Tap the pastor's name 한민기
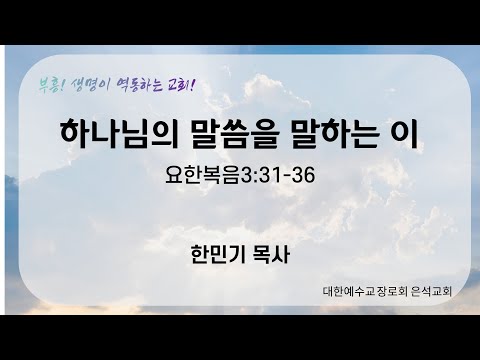(214, 253)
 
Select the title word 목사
(270, 253)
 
